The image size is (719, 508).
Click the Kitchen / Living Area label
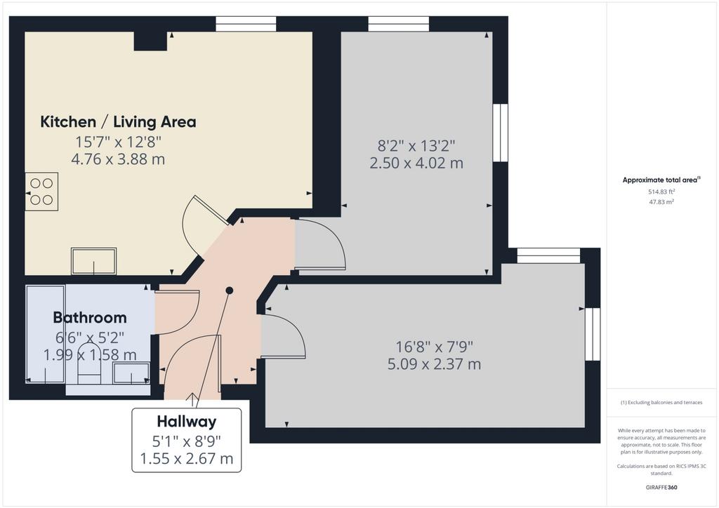click(x=118, y=122)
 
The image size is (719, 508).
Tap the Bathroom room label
click(x=90, y=317)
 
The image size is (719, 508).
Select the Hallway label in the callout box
click(x=187, y=422)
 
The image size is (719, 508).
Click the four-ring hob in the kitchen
click(x=41, y=192)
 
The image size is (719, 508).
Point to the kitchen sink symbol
click(x=93, y=261)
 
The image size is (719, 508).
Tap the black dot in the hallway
click(x=230, y=290)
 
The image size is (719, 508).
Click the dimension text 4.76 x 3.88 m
click(x=118, y=159)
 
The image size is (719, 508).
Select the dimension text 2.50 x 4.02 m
click(x=416, y=163)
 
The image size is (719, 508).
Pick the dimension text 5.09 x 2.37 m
click(x=434, y=364)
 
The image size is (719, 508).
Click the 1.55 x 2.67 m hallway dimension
click(x=187, y=458)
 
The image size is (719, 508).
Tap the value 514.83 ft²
click(x=661, y=192)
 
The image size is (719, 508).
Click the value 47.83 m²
click(x=661, y=201)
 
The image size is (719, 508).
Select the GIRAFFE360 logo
click(x=661, y=488)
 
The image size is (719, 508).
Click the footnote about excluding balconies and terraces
click(x=661, y=403)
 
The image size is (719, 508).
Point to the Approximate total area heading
click(x=661, y=180)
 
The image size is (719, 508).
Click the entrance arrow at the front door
click(x=192, y=399)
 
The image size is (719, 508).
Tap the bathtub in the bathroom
click(x=45, y=335)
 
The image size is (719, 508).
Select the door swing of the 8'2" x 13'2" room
click(x=320, y=243)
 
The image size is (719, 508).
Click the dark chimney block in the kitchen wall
click(x=150, y=41)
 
